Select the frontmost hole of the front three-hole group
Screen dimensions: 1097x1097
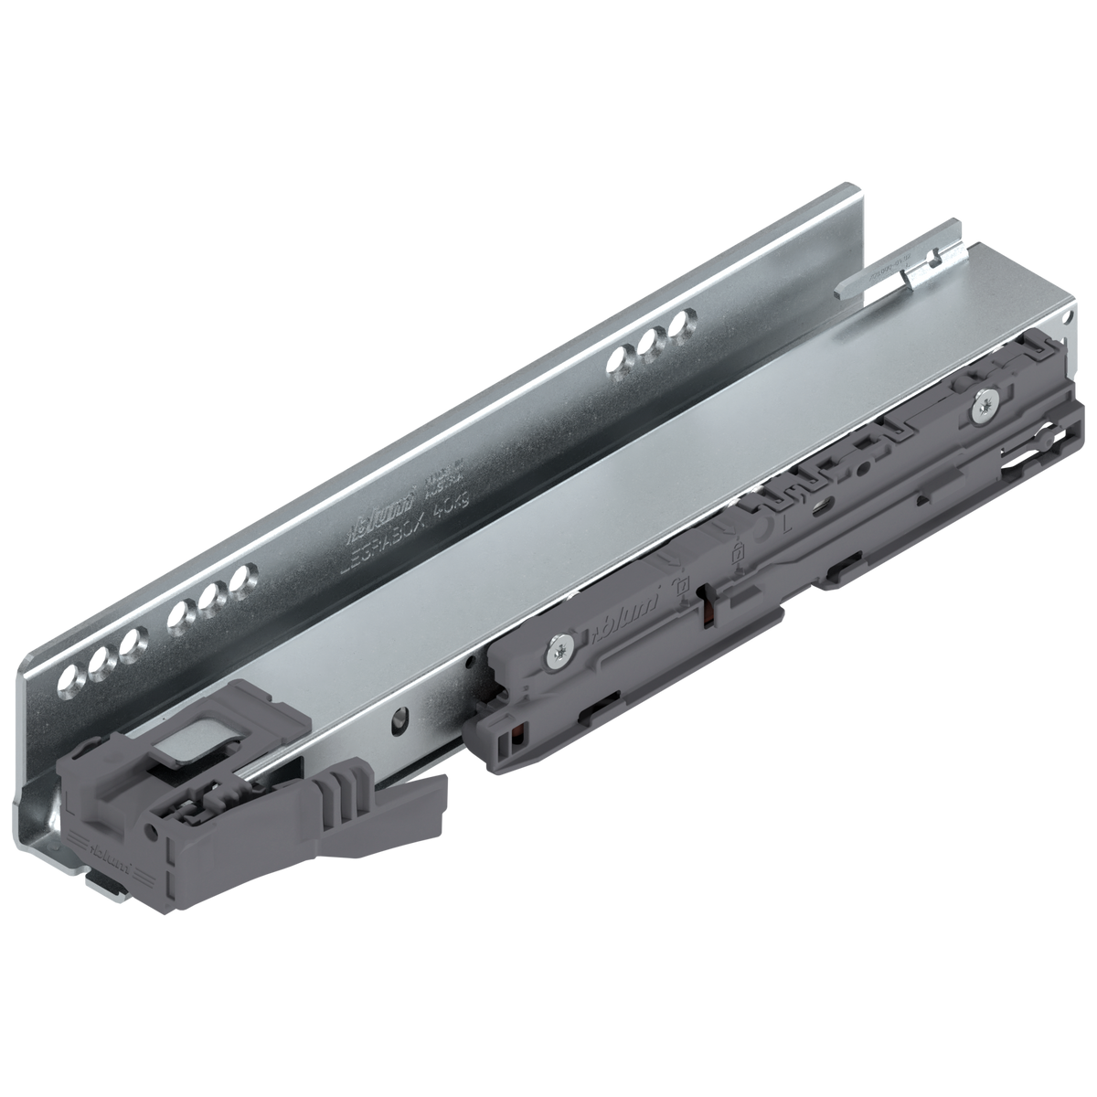tap(71, 678)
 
